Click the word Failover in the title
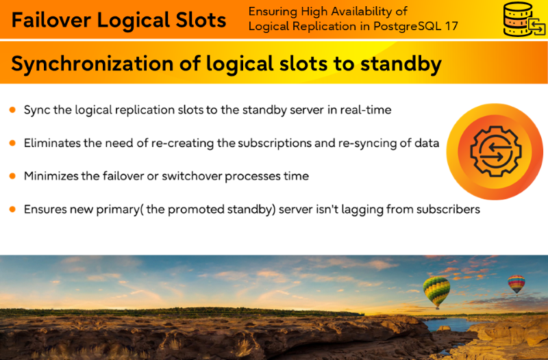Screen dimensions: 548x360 (51, 20)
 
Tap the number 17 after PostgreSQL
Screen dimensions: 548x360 (451, 26)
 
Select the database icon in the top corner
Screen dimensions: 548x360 (524, 19)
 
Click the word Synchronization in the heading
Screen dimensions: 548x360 (92, 64)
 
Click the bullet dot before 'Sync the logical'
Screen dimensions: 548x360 (12, 110)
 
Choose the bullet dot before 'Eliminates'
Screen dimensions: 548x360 (12, 143)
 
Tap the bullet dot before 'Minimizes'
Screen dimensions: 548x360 (12, 176)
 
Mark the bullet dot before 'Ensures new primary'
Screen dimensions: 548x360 (12, 209)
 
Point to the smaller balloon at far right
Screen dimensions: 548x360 (516, 284)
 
